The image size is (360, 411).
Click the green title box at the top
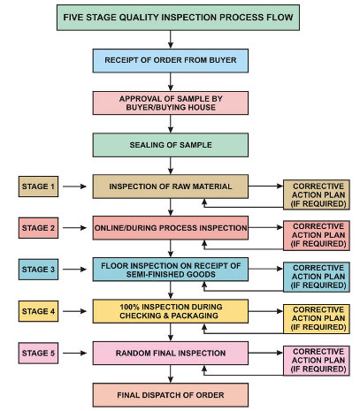[x=178, y=18]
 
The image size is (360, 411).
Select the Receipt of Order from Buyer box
[x=171, y=61]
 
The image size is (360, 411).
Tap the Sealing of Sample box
[x=171, y=145]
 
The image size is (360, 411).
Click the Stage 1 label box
[x=38, y=186]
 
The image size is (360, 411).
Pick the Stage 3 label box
[x=38, y=270]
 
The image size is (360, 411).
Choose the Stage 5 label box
[x=38, y=353]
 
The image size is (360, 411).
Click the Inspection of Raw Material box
[x=171, y=186]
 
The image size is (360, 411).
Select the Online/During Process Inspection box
[x=171, y=228]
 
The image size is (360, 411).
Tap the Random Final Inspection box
[x=171, y=353]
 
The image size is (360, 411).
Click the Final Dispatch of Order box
[x=171, y=395]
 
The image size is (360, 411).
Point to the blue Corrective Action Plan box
[x=317, y=277]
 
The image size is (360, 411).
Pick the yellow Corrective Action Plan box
[x=317, y=319]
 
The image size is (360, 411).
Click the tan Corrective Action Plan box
[x=317, y=194]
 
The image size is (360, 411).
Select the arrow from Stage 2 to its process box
[x=74, y=228]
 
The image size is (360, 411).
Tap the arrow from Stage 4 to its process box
[x=74, y=311]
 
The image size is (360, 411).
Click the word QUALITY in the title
[x=139, y=18]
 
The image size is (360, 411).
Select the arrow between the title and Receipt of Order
[x=171, y=40]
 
